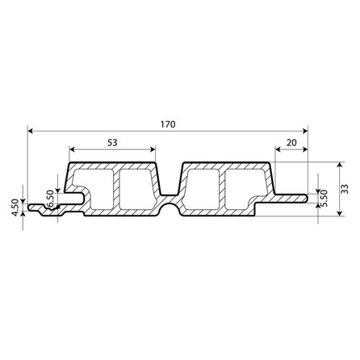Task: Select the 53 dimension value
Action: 111,143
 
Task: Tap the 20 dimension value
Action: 291,143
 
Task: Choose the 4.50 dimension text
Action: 15,208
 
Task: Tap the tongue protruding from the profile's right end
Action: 295,195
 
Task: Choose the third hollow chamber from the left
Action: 202,192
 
